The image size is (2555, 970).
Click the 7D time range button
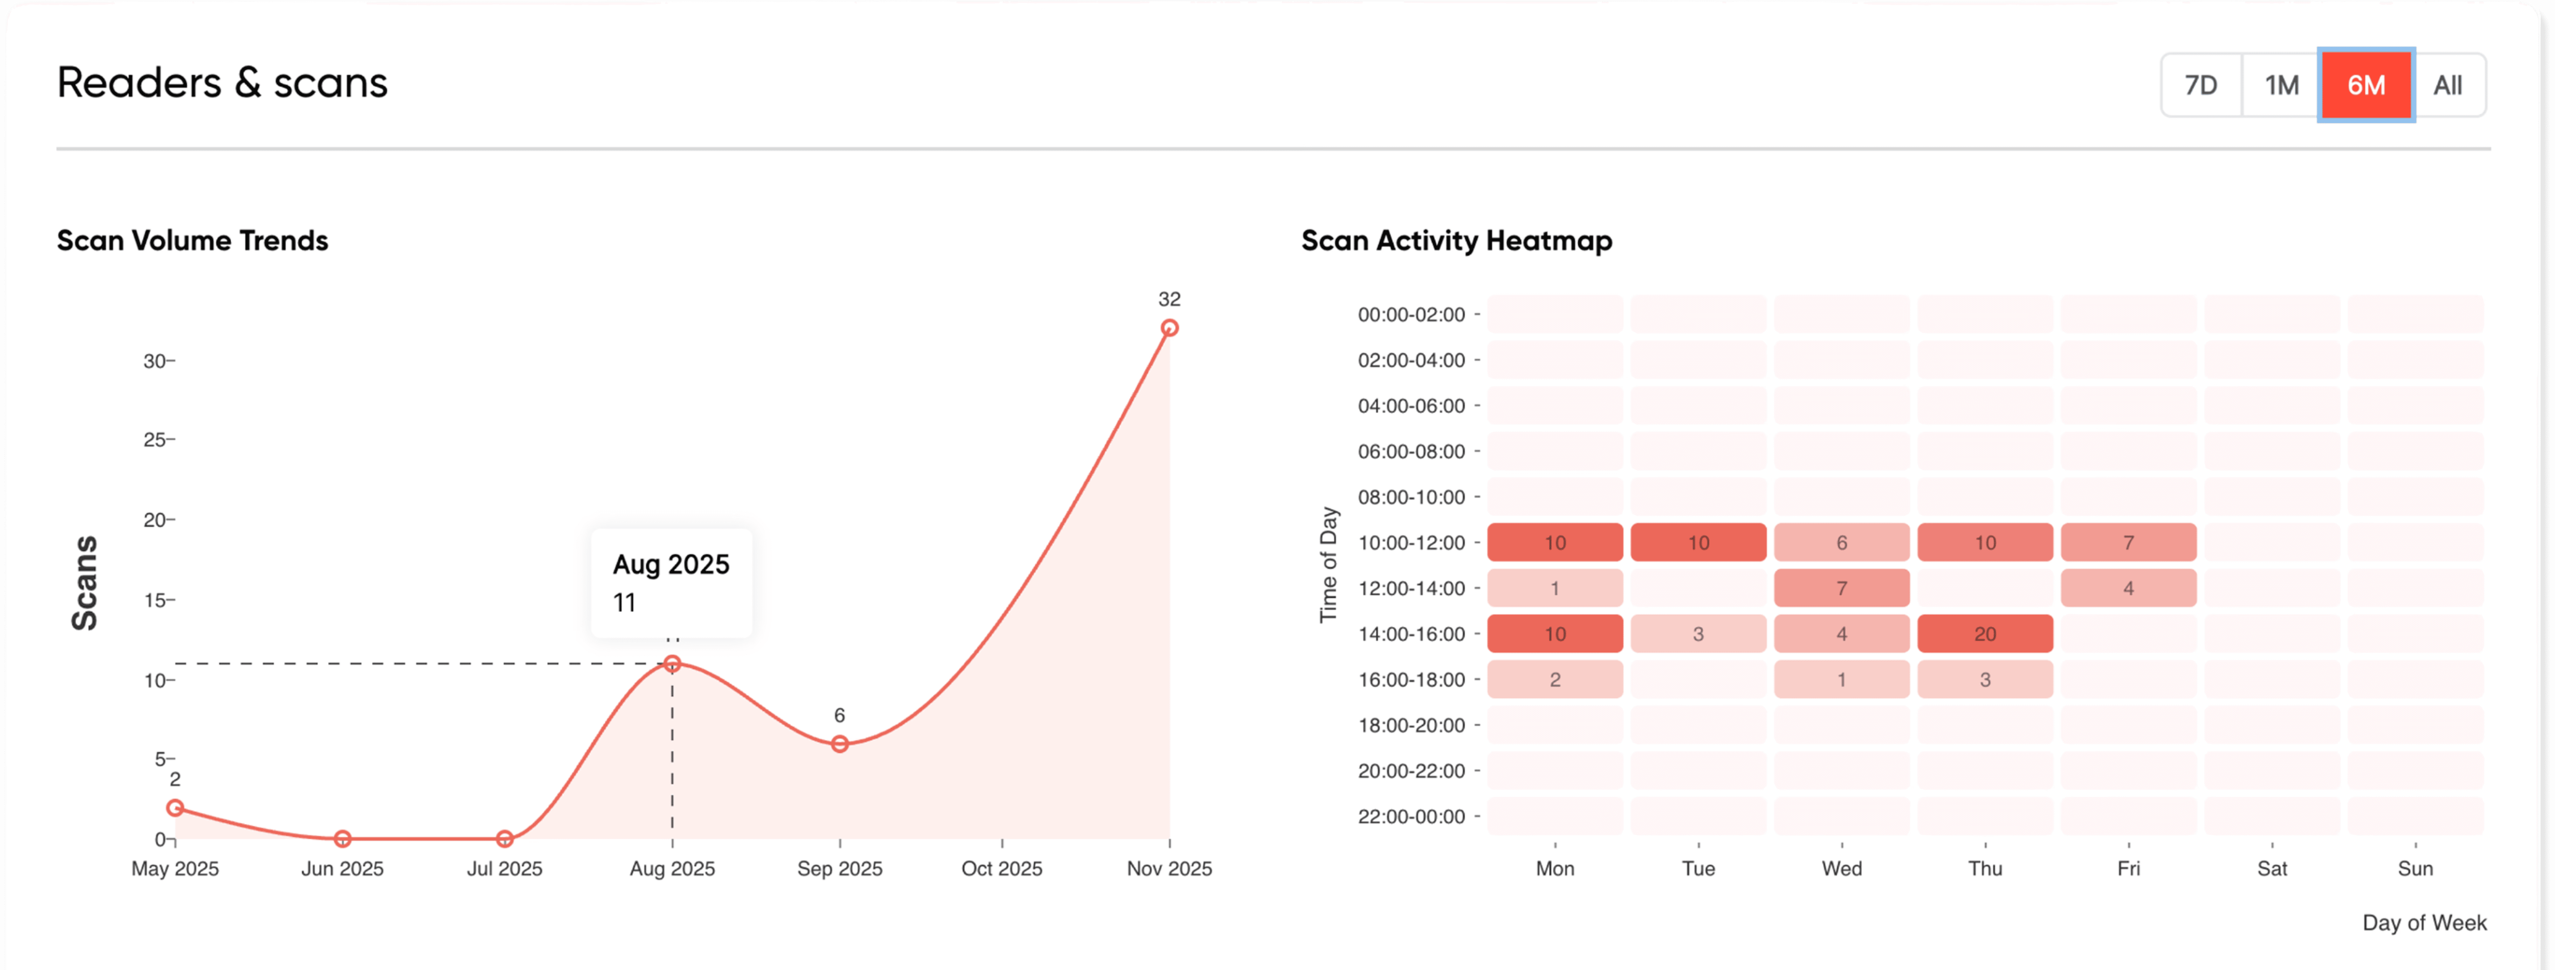2201,85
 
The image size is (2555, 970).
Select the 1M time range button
2281,85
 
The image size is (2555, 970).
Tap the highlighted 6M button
2366,85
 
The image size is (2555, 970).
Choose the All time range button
2447,85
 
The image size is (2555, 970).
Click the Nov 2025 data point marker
1169,328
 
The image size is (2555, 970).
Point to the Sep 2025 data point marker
839,744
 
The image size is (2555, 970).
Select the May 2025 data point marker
175,807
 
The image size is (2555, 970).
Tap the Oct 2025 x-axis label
1002,869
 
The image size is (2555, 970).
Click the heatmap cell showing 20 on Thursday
1985,634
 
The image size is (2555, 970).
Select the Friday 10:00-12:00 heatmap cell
2128,543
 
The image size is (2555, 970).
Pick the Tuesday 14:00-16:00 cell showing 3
1698,634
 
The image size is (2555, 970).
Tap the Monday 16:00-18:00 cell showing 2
1555,679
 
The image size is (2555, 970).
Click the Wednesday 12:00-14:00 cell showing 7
1842,588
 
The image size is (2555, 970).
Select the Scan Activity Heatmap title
1456,241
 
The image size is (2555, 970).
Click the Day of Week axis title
2424,923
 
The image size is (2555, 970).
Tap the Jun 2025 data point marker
342,839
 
